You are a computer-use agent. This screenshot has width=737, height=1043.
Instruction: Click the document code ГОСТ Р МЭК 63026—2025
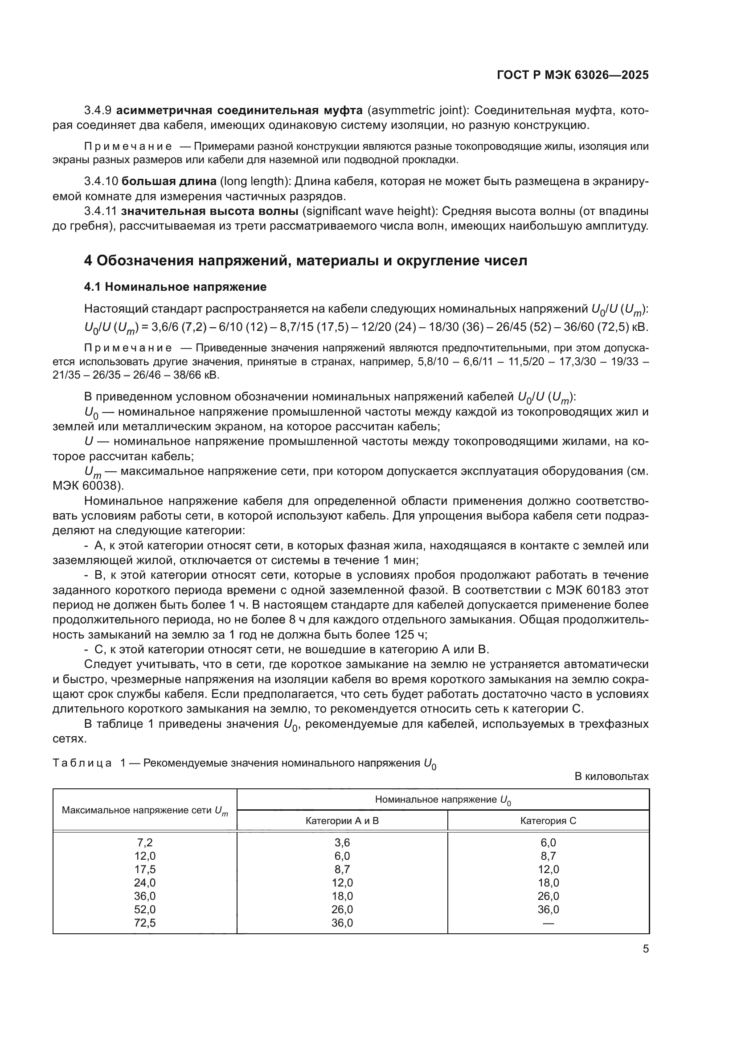click(573, 75)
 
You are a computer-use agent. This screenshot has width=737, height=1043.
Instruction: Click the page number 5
click(645, 949)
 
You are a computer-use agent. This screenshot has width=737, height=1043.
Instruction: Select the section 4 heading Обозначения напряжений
click(306, 261)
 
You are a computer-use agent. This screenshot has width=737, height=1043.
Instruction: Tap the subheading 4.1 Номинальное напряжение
click(175, 287)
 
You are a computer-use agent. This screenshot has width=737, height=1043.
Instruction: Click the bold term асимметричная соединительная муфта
click(240, 111)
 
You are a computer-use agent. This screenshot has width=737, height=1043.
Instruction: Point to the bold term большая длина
click(169, 181)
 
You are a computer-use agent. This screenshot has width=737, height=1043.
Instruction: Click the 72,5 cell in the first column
click(145, 923)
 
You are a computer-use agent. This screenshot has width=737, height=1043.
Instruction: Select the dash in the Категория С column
click(548, 923)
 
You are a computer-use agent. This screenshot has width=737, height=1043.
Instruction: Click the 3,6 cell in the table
click(342, 843)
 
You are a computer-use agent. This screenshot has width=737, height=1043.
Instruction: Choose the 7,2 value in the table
click(145, 843)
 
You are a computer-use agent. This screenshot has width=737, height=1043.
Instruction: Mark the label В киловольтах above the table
click(611, 776)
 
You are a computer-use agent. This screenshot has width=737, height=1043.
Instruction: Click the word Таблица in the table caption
click(82, 763)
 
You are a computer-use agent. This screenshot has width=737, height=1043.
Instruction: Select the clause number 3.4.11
click(100, 211)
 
